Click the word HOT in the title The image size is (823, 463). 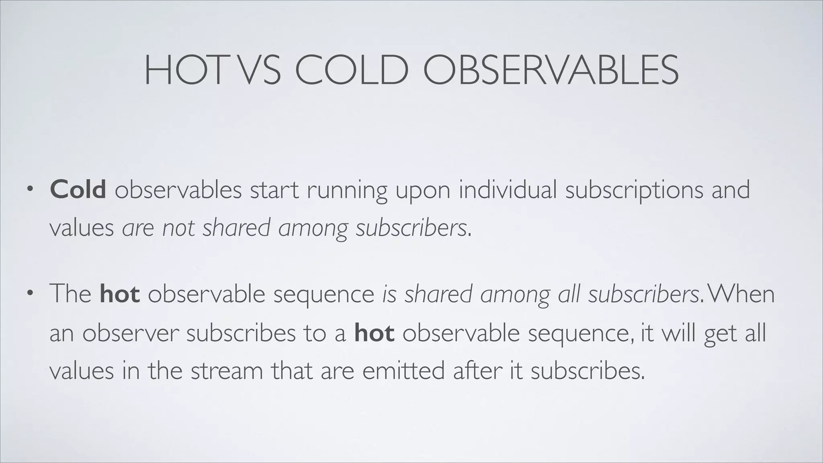point(183,71)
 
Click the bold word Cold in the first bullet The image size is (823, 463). point(78,189)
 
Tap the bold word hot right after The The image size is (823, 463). point(120,293)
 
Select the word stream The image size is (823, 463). point(227,371)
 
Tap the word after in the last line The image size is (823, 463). point(478,371)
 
